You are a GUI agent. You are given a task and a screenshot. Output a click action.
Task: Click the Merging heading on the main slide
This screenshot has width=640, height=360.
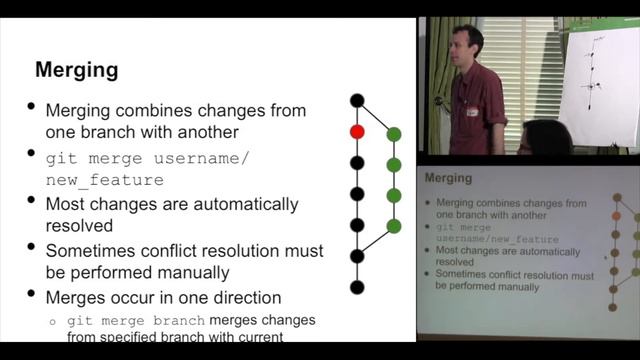click(77, 70)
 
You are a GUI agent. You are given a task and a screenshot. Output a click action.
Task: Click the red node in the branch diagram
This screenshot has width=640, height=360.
click(357, 131)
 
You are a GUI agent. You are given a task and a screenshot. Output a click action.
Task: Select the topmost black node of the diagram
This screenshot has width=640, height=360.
click(357, 100)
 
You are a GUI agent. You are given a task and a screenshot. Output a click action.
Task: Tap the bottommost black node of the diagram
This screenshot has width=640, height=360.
click(357, 287)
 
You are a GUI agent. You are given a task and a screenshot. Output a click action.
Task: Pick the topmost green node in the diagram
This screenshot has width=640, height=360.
click(394, 134)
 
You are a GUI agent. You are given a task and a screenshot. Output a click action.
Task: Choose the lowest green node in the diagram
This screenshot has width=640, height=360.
click(394, 226)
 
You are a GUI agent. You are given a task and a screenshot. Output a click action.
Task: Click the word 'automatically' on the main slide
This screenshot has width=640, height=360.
click(244, 204)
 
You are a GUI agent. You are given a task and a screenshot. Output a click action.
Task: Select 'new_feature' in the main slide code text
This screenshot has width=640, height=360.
click(104, 180)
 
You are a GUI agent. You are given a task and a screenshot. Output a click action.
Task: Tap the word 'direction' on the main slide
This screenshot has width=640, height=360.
click(240, 297)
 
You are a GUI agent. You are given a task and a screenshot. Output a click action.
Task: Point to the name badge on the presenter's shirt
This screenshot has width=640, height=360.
click(472, 112)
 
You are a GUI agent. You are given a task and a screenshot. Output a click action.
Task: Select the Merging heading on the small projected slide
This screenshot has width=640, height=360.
click(448, 178)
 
